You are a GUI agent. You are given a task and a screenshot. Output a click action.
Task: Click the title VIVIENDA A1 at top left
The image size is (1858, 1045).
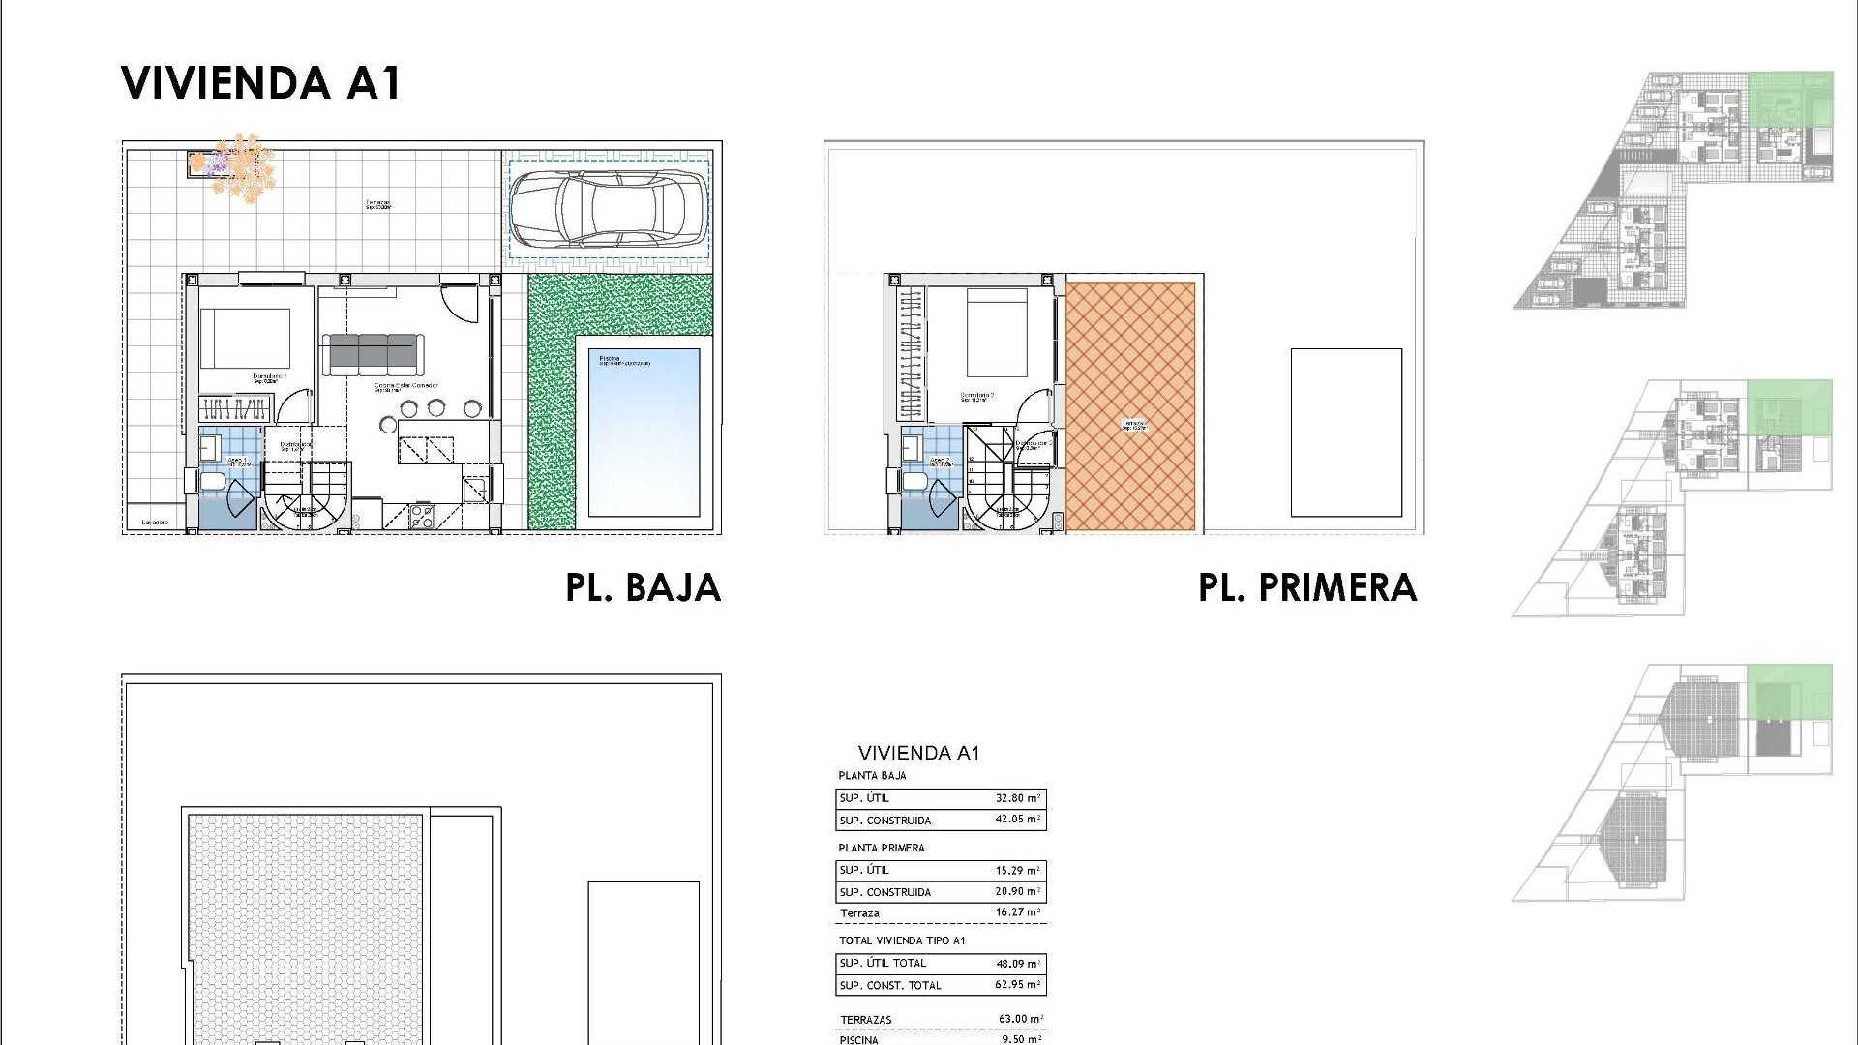261,83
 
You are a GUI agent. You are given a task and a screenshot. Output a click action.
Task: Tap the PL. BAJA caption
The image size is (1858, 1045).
644,587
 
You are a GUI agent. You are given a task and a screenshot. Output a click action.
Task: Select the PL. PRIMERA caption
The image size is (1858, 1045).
1307,587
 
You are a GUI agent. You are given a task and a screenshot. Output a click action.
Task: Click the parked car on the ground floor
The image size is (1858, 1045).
608,210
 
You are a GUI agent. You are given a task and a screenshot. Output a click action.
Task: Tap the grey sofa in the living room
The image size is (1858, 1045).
373,353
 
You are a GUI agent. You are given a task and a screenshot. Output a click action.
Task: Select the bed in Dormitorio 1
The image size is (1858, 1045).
245,339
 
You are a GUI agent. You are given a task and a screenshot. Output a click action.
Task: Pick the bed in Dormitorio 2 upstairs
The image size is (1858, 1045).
997,334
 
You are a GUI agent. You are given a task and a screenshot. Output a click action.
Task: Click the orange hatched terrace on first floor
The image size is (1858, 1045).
1130,406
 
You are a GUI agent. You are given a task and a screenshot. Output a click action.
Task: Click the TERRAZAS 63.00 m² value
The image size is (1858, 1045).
1020,1019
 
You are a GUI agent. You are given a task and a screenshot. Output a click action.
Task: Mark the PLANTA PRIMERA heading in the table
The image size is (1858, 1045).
882,848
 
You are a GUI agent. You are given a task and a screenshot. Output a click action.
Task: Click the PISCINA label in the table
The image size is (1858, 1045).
859,1040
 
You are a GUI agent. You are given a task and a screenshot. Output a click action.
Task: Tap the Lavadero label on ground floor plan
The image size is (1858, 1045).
155,522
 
